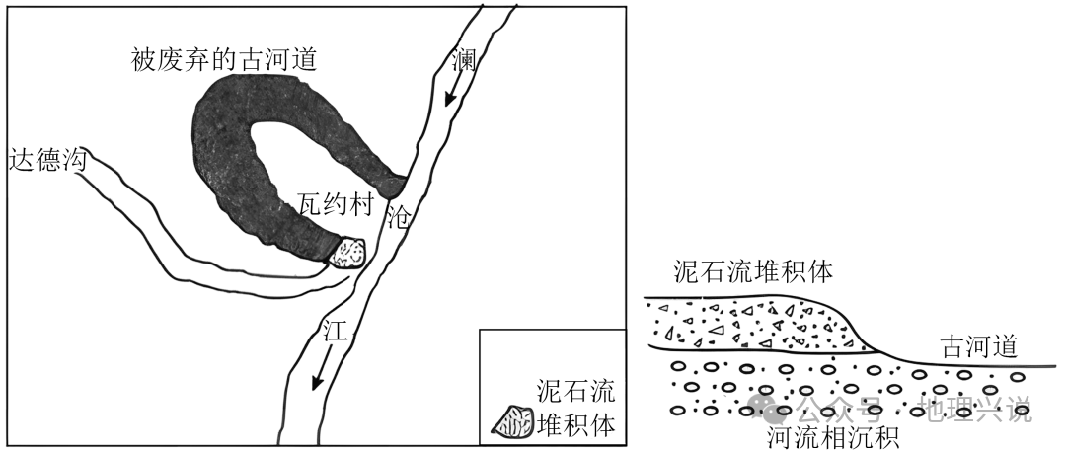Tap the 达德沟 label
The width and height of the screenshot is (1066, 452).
coord(47,159)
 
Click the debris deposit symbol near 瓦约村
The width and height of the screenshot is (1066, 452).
coord(346,253)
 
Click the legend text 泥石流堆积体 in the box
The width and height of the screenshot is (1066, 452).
coord(575,408)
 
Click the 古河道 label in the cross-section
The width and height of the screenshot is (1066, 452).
coord(978,347)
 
